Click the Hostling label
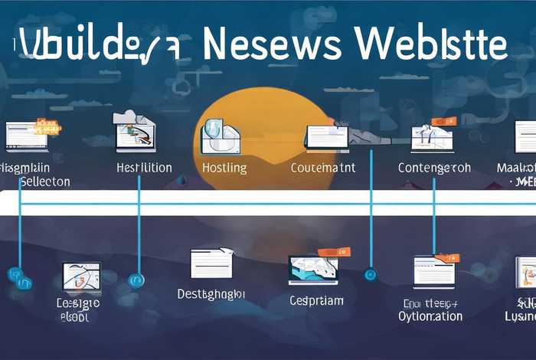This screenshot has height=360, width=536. (225, 168)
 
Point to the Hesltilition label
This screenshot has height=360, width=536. (144, 168)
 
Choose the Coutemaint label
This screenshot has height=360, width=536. (323, 168)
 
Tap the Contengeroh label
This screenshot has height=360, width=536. (434, 168)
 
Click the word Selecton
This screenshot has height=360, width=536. (44, 182)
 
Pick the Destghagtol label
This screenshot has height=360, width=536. (211, 293)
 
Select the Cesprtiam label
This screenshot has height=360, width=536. (316, 300)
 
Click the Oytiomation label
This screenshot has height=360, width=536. (430, 316)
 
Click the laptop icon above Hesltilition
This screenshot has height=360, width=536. (136, 132)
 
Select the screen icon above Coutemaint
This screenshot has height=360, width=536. (326, 136)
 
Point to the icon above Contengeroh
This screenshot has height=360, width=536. (433, 136)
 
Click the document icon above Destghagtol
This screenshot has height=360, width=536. (211, 263)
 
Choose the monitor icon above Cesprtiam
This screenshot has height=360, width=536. (314, 269)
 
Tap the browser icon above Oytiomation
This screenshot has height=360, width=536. (434, 270)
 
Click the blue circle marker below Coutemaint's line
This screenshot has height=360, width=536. (371, 273)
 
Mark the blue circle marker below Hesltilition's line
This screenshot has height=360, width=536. (136, 280)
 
